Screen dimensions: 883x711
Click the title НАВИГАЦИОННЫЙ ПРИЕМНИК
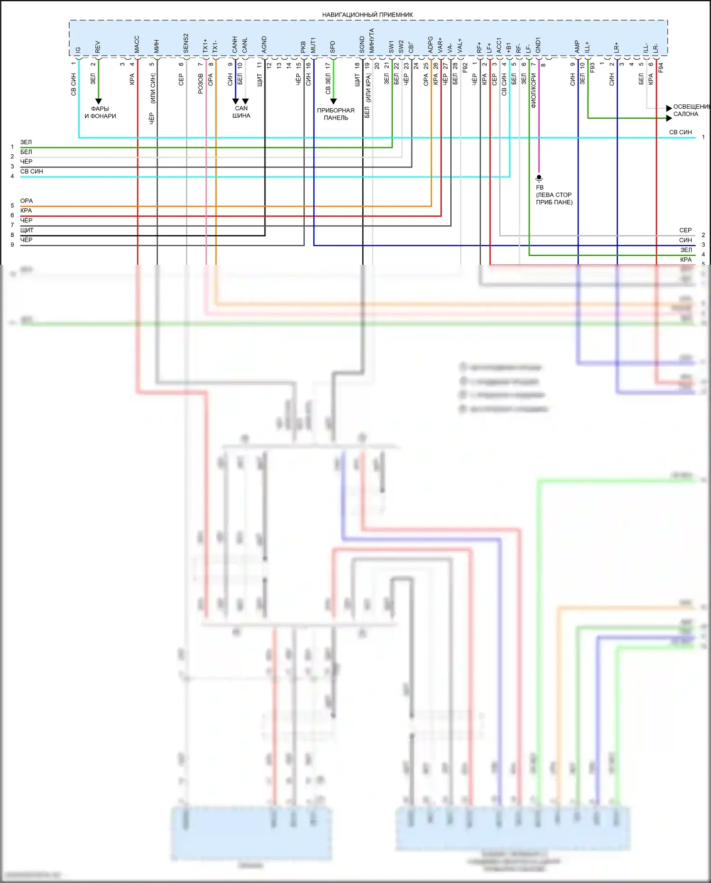tap(367, 15)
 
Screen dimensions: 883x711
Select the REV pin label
tap(98, 46)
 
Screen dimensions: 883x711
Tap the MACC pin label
tap(137, 44)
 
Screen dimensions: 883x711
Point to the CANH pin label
tap(235, 44)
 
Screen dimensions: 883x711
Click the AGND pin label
tap(264, 44)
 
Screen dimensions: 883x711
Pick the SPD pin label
tap(333, 46)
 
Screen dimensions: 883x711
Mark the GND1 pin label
tap(538, 45)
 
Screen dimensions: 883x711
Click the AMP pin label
tap(577, 46)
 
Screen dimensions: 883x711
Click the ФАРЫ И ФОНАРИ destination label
tap(100, 112)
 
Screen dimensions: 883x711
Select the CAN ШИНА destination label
tap(241, 112)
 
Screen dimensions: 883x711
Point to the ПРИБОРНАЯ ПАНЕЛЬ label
tap(336, 114)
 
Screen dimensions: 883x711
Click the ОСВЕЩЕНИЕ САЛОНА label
tap(691, 111)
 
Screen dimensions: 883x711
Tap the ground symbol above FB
tap(538, 178)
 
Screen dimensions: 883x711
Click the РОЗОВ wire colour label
tap(201, 84)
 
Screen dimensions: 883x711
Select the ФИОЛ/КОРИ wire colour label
tap(533, 91)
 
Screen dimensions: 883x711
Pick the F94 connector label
tap(661, 67)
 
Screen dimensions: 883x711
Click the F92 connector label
tap(465, 67)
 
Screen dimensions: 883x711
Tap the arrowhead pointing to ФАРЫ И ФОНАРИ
tap(99, 102)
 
